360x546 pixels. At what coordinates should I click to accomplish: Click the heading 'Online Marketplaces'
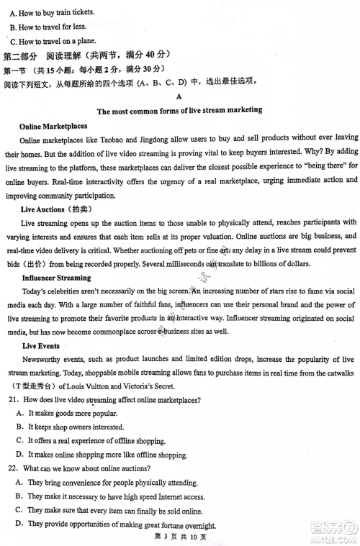(x=53, y=126)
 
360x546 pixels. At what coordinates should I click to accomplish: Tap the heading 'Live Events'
(x=41, y=345)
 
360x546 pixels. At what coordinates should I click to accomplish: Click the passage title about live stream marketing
(x=179, y=111)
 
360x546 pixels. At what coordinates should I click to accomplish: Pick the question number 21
(x=12, y=399)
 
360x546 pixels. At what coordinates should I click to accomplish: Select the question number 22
(x=12, y=468)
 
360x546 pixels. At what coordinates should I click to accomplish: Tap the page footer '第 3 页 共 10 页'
(x=179, y=536)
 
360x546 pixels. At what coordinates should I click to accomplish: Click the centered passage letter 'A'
(x=179, y=96)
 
